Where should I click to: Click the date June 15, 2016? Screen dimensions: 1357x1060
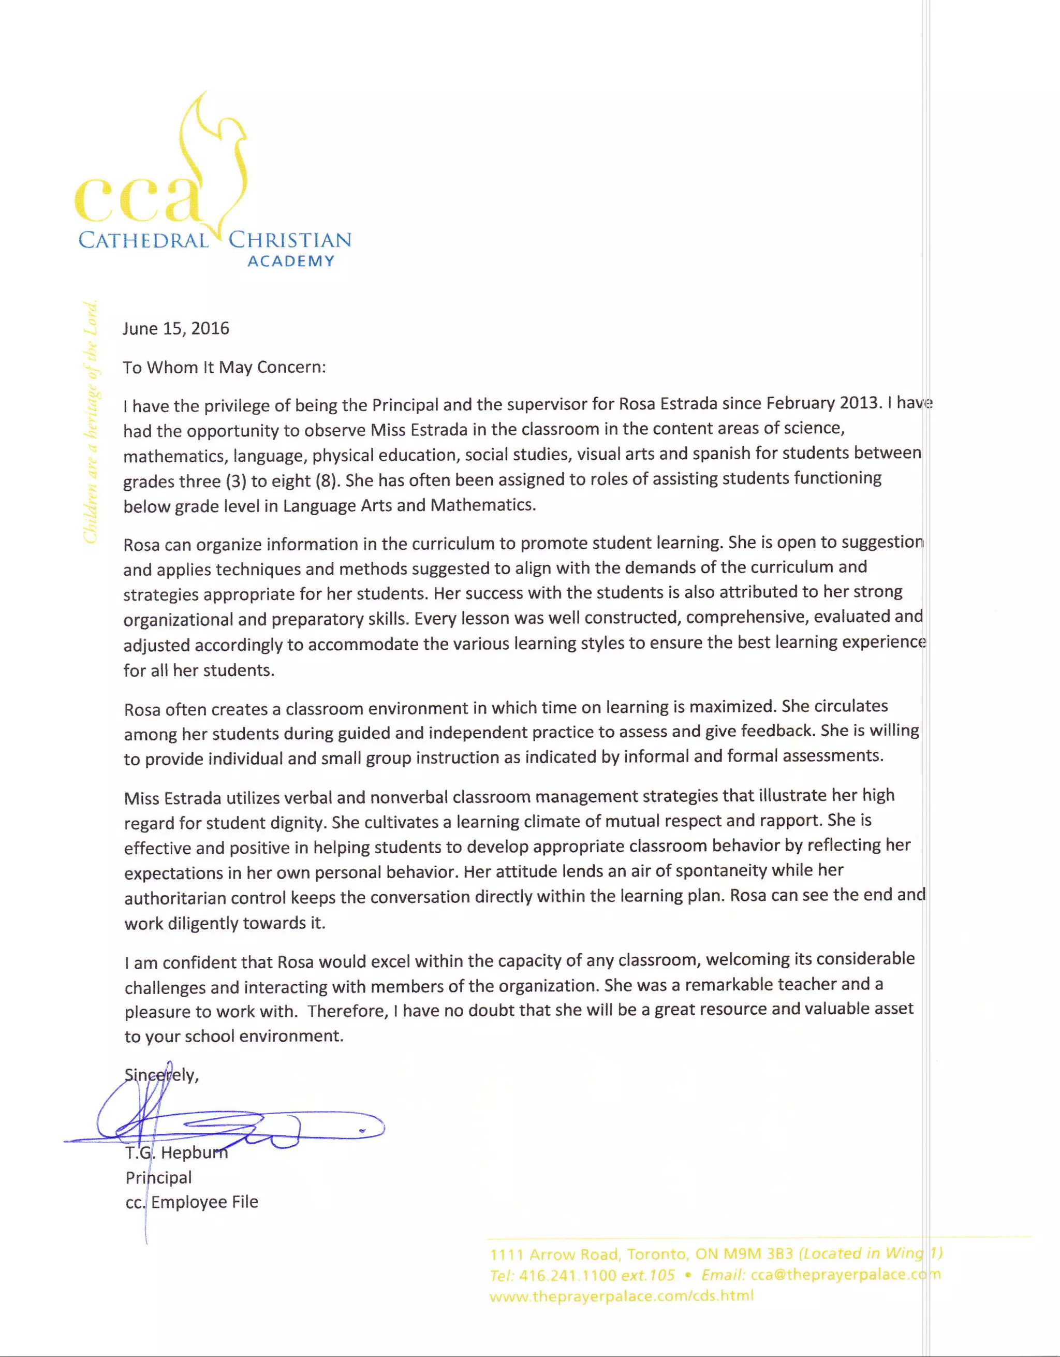tap(176, 328)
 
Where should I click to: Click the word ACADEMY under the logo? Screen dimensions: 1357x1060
tap(290, 261)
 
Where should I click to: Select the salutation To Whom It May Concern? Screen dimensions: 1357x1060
tap(224, 367)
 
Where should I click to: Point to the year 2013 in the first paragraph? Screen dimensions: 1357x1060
tap(859, 403)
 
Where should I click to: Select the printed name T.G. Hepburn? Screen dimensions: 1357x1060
tap(177, 1152)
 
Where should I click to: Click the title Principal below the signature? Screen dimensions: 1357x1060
tap(158, 1177)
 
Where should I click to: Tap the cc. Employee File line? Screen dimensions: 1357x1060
tap(192, 1202)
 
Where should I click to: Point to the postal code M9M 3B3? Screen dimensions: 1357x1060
tap(758, 1254)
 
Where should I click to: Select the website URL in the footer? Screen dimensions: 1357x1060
tap(621, 1296)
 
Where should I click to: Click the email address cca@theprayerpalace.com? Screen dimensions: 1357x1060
tap(845, 1274)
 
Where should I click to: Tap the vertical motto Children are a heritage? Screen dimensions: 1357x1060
tap(91, 422)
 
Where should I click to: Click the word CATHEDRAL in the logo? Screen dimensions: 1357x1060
tap(143, 240)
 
